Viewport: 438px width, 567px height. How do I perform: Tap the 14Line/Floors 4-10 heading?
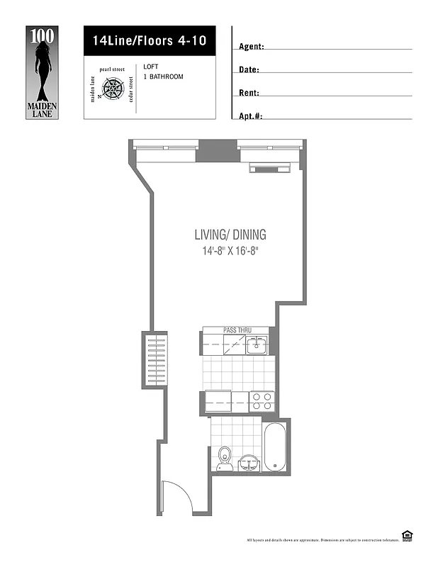pos(150,41)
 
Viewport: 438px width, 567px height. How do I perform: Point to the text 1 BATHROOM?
pos(163,77)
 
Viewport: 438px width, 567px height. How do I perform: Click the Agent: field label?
pos(252,47)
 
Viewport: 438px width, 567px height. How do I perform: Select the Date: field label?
pos(249,70)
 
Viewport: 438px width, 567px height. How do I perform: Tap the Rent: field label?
pos(249,93)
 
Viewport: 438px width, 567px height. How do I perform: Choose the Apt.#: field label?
pos(251,116)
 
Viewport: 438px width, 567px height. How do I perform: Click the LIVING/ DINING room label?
pos(230,235)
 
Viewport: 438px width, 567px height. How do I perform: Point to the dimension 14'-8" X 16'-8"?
pos(230,251)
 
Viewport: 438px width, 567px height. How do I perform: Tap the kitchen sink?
pos(256,346)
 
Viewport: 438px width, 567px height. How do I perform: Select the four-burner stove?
pos(262,402)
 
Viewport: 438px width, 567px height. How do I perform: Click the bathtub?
pos(274,447)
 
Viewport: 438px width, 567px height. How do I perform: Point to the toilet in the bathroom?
pos(225,457)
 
